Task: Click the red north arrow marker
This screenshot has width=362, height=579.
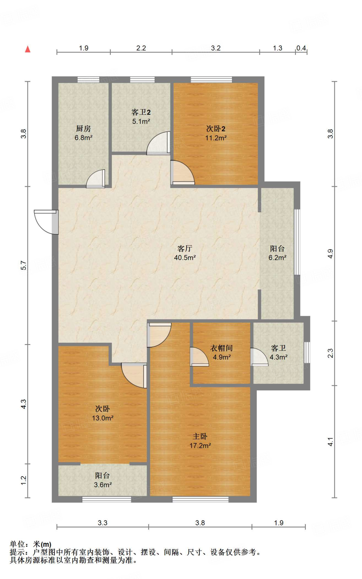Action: [28, 49]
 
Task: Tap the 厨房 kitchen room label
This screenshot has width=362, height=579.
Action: [83, 129]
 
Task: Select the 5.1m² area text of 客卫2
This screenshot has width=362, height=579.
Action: [141, 121]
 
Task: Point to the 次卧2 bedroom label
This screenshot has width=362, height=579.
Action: [216, 129]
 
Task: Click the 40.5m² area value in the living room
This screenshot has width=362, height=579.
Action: [185, 258]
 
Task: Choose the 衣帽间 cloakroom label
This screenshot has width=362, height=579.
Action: [222, 348]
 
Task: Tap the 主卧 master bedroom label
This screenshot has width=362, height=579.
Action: [200, 437]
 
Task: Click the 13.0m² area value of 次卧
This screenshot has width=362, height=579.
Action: [103, 418]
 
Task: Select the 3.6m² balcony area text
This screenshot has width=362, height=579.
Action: [103, 485]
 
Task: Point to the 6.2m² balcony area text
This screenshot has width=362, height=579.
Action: [278, 258]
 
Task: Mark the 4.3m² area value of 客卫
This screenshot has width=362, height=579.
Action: [279, 357]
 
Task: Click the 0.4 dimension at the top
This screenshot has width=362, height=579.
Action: [301, 48]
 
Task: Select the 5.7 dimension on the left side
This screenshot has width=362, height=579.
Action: [24, 265]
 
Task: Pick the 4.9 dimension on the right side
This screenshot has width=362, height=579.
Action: [330, 254]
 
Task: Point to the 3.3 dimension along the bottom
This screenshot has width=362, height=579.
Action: [103, 523]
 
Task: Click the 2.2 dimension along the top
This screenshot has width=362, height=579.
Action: [141, 48]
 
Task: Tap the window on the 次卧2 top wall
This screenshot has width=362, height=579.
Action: [211, 79]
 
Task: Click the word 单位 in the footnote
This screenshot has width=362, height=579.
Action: [18, 544]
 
